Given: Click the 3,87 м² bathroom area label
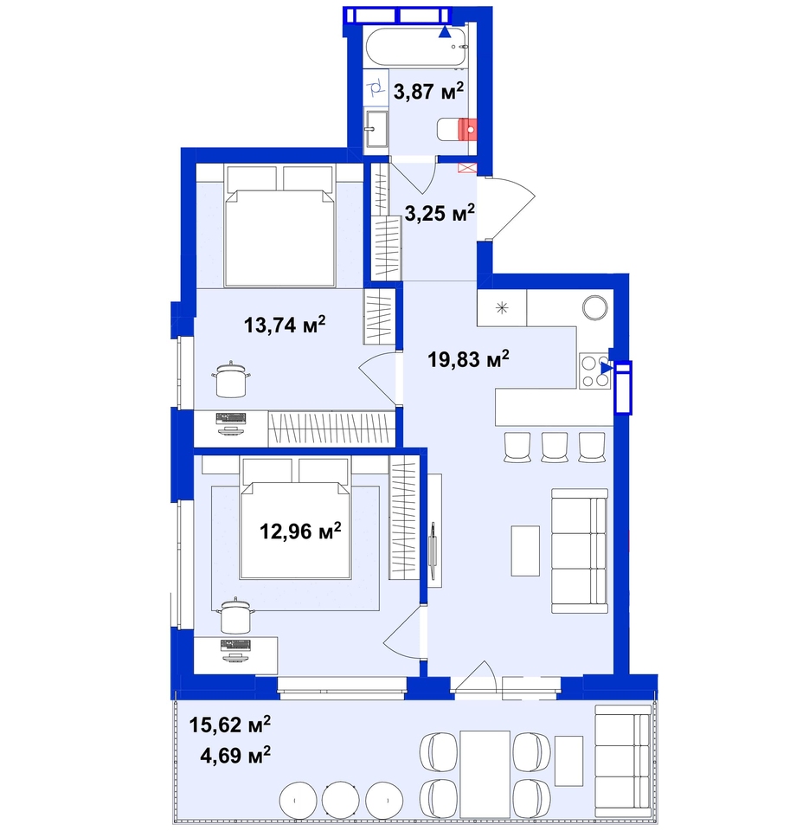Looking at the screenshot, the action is [x=428, y=91].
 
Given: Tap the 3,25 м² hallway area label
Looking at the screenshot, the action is [x=440, y=213].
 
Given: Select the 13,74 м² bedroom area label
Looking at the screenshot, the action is [x=285, y=325].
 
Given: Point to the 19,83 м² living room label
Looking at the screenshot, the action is [x=468, y=359].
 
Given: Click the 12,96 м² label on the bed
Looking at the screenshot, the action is [x=300, y=531].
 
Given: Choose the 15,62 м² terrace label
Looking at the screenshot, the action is [x=230, y=724].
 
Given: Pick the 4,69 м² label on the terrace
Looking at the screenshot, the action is [x=235, y=755].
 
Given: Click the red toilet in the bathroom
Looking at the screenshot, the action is [x=457, y=129].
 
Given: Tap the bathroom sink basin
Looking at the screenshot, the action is [x=376, y=129].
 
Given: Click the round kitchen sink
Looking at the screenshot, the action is [x=595, y=306].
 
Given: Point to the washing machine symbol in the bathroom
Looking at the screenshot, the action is [x=376, y=87].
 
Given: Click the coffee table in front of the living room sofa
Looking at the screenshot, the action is [x=525, y=551].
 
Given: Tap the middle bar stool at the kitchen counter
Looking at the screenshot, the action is [x=554, y=447].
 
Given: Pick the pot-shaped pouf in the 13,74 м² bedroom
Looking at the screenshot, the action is [x=231, y=378].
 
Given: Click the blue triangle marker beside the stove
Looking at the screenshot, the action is [x=606, y=368].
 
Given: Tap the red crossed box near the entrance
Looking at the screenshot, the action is [x=467, y=168].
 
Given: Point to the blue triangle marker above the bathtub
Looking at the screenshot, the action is [x=445, y=32].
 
